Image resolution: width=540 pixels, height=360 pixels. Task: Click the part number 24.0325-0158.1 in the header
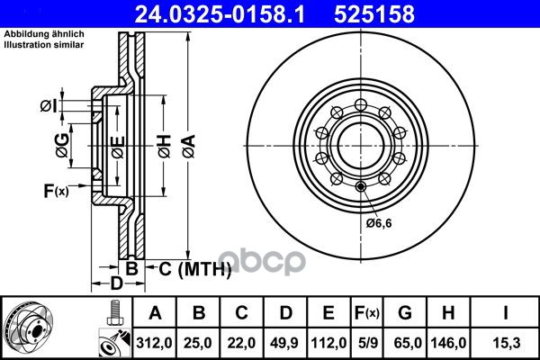[220, 14]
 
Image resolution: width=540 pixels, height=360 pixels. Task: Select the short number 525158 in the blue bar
[374, 14]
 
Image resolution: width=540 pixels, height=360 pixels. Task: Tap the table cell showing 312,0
[154, 343]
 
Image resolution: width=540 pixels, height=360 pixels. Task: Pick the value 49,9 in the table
[284, 343]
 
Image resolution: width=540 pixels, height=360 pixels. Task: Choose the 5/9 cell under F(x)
[368, 343]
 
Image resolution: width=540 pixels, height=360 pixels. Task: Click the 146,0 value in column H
[448, 343]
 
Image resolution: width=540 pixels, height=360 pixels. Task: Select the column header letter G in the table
[405, 313]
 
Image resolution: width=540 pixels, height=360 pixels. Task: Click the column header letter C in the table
[241, 313]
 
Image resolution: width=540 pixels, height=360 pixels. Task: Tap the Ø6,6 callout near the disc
[379, 223]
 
